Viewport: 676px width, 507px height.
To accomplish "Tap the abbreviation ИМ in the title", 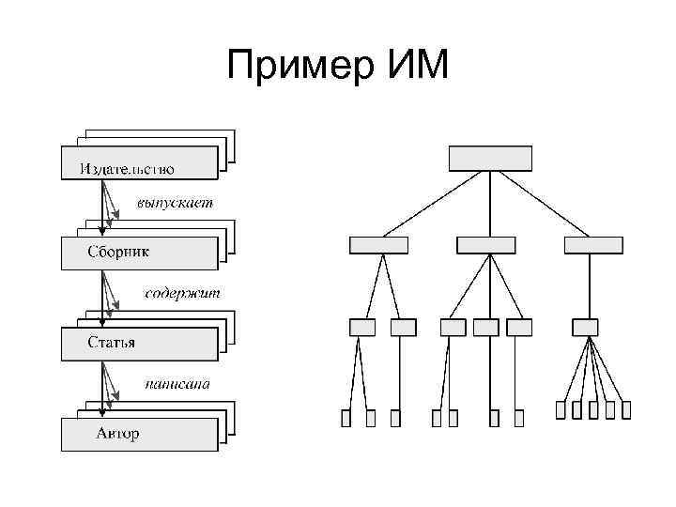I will tap(415, 68).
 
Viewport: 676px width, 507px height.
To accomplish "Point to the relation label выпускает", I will tap(175, 202).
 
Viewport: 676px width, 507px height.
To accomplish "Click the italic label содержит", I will tap(182, 293).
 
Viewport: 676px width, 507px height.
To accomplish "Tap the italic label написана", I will tap(177, 384).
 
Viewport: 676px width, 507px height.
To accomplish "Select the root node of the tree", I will tap(490, 159).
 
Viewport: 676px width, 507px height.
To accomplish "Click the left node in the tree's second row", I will tap(378, 245).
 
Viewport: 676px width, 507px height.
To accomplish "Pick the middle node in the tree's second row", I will tap(486, 245).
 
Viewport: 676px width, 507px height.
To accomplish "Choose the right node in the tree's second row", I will tap(592, 245).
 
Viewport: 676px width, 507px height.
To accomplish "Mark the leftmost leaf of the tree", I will tap(346, 418).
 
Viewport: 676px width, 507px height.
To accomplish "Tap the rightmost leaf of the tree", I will tap(626, 409).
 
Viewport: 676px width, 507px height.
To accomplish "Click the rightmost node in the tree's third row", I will tap(585, 327).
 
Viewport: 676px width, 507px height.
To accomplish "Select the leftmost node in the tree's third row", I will tap(361, 327).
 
